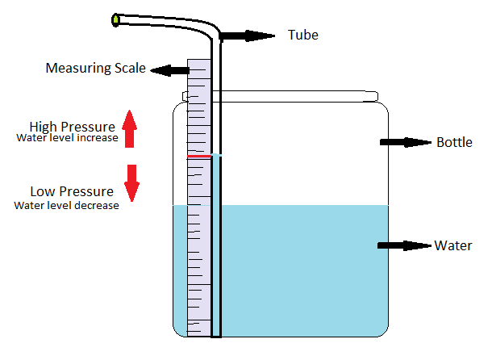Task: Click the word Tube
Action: point(302,35)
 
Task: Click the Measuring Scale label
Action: point(95,69)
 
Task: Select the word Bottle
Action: point(454,142)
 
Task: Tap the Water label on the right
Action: point(453,245)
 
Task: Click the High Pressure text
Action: point(71,127)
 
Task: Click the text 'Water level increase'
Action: point(67,138)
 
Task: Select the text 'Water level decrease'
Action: point(67,205)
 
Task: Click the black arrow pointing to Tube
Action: point(247,36)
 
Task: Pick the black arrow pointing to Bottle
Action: point(407,142)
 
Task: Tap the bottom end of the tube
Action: point(215,333)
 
